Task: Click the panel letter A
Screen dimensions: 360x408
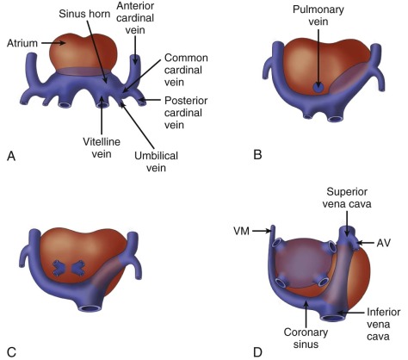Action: click(x=11, y=155)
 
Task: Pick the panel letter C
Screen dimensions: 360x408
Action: click(x=11, y=351)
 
